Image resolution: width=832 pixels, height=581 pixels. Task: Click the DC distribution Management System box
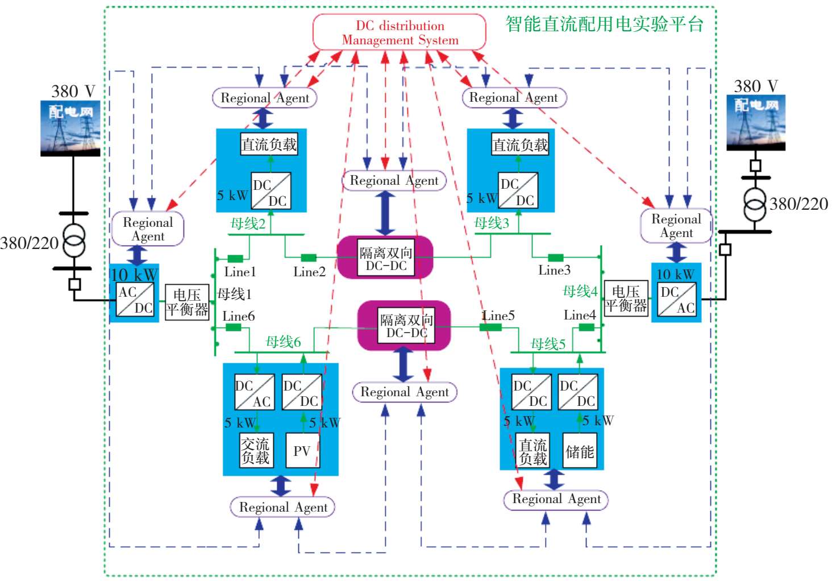point(400,32)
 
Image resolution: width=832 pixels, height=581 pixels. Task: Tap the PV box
point(302,451)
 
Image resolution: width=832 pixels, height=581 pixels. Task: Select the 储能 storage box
point(580,451)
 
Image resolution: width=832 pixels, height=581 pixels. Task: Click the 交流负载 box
point(255,451)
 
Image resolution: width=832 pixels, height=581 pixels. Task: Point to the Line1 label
point(240,272)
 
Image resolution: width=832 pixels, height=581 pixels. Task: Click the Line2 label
point(309,272)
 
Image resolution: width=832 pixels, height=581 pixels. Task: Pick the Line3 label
point(554,270)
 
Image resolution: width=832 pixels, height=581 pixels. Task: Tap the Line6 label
point(239,316)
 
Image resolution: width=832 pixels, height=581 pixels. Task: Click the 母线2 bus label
point(248,223)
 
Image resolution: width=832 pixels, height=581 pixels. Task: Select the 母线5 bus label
point(548,344)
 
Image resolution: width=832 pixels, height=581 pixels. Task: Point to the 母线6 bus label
point(283,342)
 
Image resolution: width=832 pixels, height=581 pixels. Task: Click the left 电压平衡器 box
point(187,302)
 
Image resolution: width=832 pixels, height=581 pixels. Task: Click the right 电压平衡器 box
point(626,298)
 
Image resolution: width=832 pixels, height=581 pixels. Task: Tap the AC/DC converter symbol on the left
point(135,300)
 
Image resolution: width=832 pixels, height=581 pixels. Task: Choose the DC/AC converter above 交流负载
point(254,392)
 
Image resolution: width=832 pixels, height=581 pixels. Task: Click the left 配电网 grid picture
point(70,128)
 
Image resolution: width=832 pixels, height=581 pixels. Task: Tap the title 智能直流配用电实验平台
point(604,24)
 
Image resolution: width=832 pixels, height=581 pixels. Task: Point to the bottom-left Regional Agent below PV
point(282,507)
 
